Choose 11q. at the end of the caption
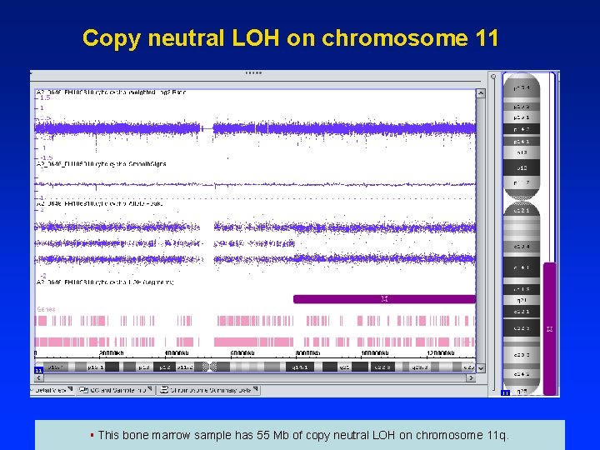point(493,435)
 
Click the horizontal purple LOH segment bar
point(384,298)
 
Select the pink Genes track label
point(46,309)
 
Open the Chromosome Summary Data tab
point(207,390)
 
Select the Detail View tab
point(52,390)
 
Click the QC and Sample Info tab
point(116,390)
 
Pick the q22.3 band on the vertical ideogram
point(521,327)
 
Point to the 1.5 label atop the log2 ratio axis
point(45,97)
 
